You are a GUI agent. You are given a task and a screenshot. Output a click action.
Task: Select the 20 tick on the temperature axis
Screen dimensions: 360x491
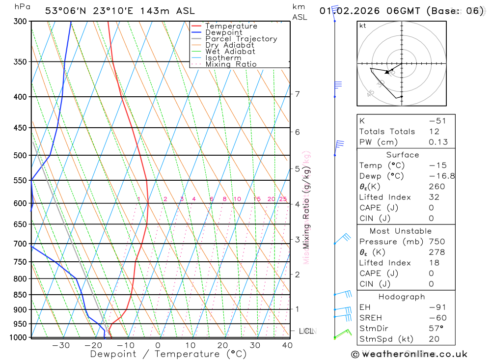[x=222, y=345]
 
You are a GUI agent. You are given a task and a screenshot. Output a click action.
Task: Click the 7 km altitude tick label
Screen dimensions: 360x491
[x=298, y=94]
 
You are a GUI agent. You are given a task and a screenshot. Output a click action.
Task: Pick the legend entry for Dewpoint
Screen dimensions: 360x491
[x=223, y=32]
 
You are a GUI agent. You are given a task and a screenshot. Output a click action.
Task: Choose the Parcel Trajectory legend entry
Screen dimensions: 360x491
[x=241, y=39]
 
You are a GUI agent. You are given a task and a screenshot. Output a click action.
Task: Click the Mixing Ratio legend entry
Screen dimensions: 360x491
[x=231, y=64]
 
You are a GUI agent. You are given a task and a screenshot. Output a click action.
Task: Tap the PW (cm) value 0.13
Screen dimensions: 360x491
[x=438, y=142]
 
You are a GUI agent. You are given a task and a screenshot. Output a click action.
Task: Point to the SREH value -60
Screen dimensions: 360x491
[x=437, y=318]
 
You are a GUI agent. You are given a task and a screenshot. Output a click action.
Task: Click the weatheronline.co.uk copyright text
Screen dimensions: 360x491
[x=409, y=354]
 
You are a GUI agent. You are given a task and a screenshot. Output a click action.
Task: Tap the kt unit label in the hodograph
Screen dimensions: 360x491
[x=362, y=26]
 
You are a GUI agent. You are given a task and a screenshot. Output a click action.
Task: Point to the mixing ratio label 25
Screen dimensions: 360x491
[x=283, y=199]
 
